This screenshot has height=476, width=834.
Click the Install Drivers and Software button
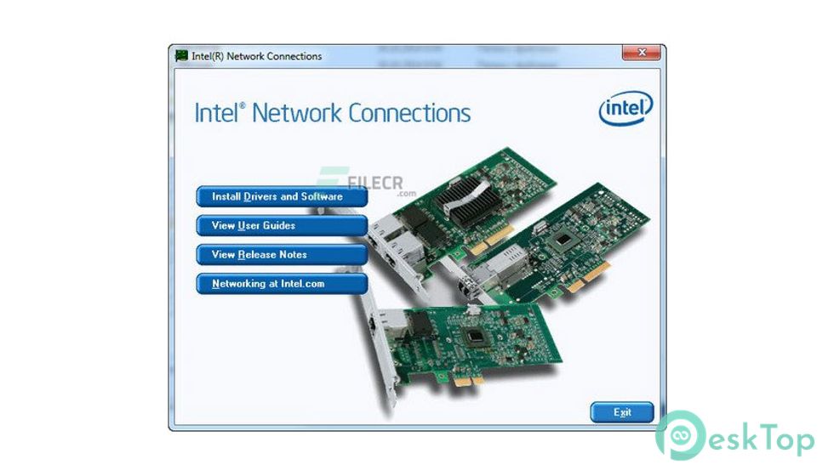282,197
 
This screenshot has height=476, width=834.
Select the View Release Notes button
282,255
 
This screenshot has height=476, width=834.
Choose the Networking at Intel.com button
282,284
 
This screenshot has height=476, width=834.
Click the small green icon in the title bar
181,56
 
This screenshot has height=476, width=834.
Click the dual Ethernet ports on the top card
387,242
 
